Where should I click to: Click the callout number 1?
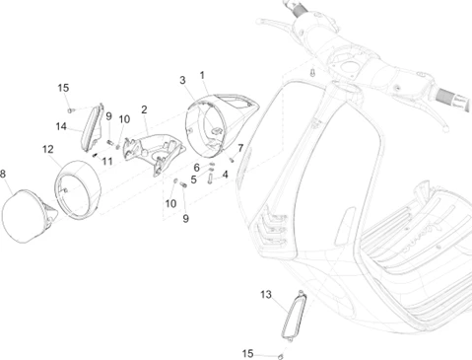tap(202, 75)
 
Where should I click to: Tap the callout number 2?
tap(144, 109)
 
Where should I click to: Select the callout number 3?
tap(182, 80)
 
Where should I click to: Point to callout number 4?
tap(225, 175)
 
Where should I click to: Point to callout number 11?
tap(107, 161)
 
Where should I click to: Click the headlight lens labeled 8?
tap(28, 215)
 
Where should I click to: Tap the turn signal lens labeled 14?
tap(92, 128)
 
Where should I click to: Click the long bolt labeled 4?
tap(210, 180)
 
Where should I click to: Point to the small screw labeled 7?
tap(232, 160)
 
